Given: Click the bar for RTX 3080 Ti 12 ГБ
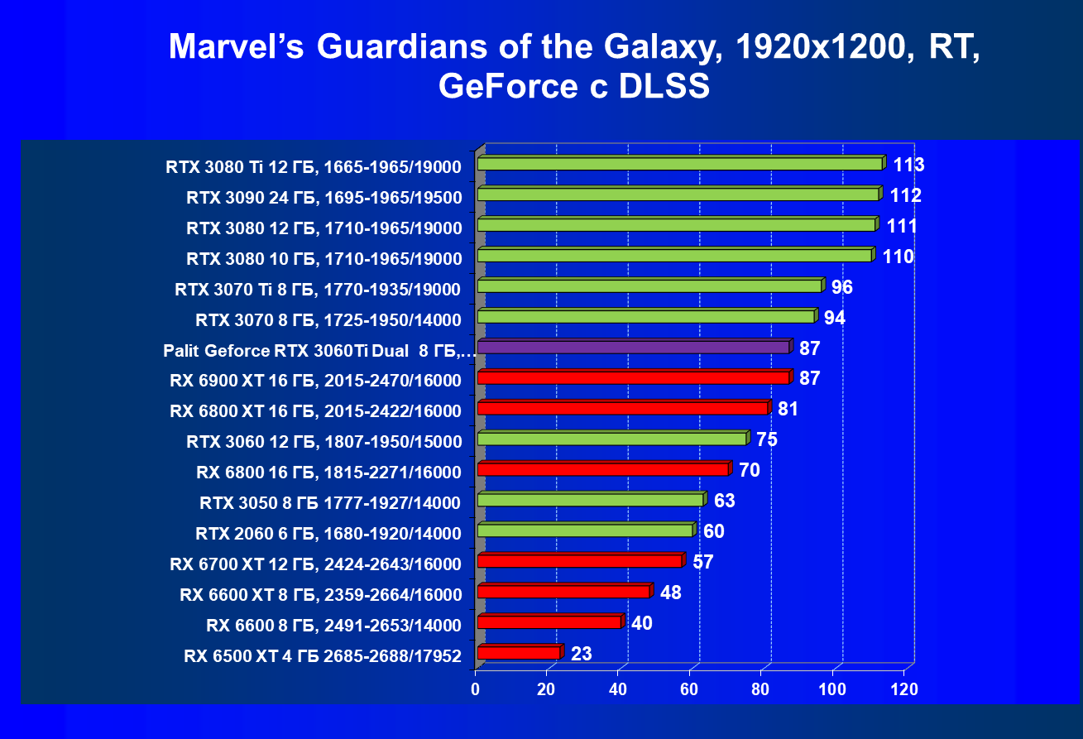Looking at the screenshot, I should click(x=680, y=164).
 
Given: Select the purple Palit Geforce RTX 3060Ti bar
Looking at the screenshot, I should click(x=634, y=347).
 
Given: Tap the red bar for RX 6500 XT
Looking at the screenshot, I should click(x=519, y=653).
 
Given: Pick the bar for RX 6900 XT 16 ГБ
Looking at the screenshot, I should click(x=634, y=377).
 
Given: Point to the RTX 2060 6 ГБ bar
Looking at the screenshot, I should click(x=585, y=530).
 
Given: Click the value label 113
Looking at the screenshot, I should click(x=908, y=165).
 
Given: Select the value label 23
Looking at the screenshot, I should click(x=582, y=654).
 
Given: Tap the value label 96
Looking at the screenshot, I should click(x=841, y=287).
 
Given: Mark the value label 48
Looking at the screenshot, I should click(x=671, y=593).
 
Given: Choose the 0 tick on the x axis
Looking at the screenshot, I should click(x=476, y=689).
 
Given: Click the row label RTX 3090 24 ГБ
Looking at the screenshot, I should click(x=323, y=198).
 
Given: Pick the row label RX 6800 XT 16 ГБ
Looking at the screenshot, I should click(x=315, y=410).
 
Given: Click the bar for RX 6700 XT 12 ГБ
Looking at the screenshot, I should click(x=580, y=561).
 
